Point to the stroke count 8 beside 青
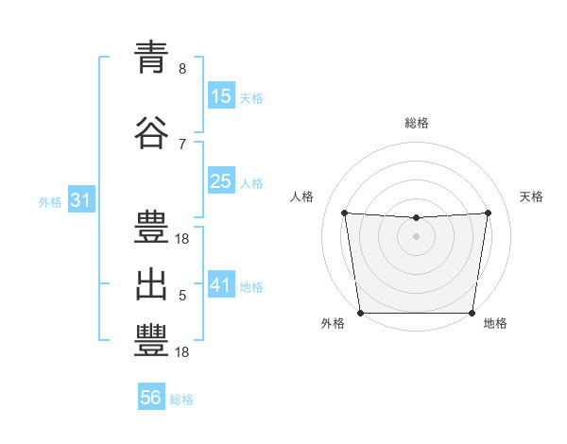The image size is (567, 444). pos(182,69)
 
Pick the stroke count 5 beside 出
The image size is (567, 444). pos(182,296)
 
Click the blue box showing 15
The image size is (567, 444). pos(221,95)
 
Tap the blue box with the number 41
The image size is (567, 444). pos(221,284)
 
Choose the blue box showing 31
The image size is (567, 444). pos(81,200)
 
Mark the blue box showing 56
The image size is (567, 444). pos(151,398)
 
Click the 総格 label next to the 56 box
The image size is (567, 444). pos(181,400)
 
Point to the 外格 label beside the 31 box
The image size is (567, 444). pos(50,201)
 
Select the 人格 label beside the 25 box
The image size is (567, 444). pos(251,182)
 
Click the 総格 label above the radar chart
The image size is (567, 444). pos(416,123)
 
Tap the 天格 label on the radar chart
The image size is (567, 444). pos(531,196)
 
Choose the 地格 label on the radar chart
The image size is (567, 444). pos(495,323)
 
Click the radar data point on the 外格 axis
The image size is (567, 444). pos(360,313)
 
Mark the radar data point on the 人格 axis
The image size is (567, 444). pos(344,213)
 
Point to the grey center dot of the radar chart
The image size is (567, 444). pos(416,236)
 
